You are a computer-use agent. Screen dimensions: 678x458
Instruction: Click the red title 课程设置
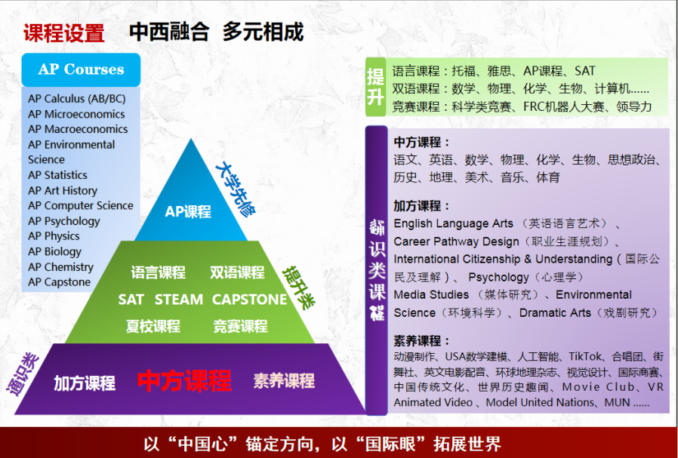pos(64,33)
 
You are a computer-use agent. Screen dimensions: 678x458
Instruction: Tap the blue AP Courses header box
pos(81,69)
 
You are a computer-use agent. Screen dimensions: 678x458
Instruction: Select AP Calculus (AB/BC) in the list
pos(76,99)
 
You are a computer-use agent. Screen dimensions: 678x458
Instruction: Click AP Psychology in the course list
pos(64,221)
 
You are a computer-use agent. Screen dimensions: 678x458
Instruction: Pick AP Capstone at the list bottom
pos(59,282)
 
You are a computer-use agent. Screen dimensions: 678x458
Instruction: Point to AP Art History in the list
pos(63,191)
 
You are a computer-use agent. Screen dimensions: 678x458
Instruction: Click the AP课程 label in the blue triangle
pos(188,212)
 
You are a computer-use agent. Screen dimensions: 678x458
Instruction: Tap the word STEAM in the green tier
pos(179,300)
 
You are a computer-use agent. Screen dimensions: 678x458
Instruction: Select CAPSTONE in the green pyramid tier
pos(249,300)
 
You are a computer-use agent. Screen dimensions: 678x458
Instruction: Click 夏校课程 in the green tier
pos(153,326)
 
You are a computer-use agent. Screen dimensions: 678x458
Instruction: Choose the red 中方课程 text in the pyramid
pos(185,380)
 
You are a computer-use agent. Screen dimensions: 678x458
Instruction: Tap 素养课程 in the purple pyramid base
pos(284,380)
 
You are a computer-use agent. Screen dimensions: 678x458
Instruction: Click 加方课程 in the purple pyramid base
pos(85,383)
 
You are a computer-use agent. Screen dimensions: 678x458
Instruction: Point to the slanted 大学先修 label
pos(236,189)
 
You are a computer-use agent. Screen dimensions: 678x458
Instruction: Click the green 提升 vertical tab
pos(375,87)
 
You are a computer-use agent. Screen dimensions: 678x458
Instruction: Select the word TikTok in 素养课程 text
pos(585,356)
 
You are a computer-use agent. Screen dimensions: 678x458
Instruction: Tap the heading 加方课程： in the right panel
pos(422,206)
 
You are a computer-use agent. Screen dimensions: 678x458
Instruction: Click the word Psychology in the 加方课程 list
pos(498,277)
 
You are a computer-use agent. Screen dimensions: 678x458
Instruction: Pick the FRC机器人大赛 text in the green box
pos(563,106)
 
